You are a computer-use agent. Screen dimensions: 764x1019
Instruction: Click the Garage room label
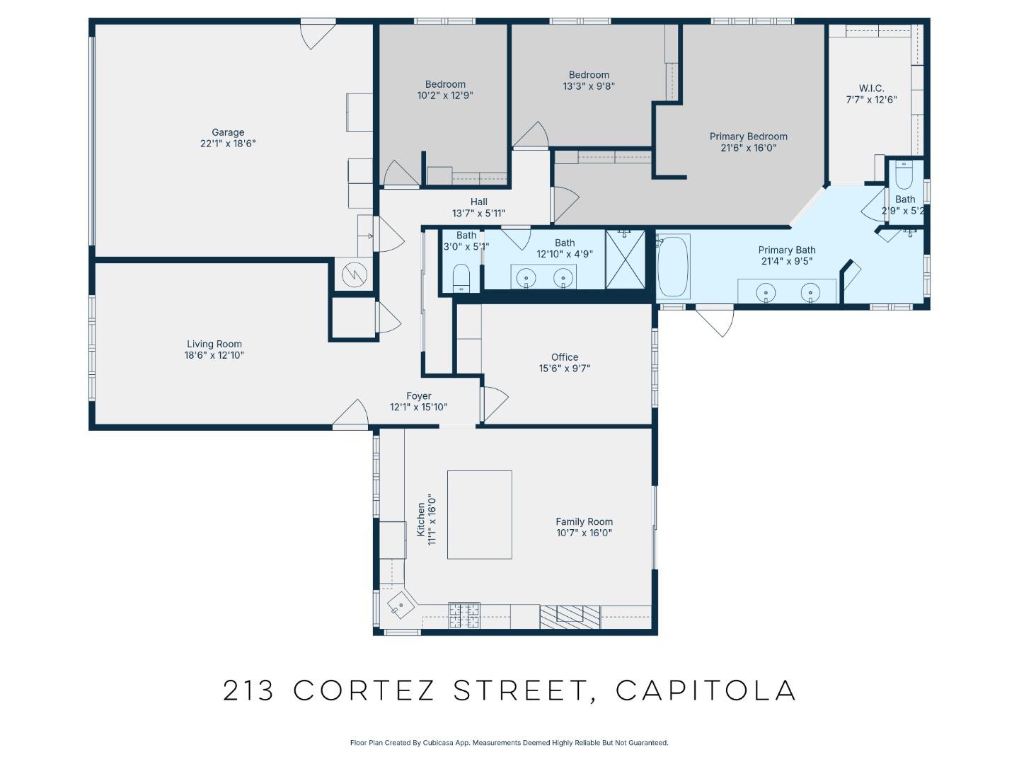(x=228, y=132)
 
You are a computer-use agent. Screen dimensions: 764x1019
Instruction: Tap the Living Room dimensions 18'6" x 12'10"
(x=214, y=356)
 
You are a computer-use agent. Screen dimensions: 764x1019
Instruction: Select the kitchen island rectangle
(x=479, y=514)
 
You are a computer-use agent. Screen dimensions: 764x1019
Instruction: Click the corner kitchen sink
(x=397, y=605)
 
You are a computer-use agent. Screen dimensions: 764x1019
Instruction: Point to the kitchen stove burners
(x=464, y=613)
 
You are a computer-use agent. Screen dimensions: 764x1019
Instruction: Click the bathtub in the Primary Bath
(x=673, y=267)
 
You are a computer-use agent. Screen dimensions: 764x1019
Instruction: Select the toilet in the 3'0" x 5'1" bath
(x=461, y=277)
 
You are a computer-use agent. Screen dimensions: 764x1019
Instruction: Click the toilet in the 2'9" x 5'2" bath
(x=904, y=174)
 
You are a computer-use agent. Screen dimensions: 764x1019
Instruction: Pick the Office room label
(x=565, y=357)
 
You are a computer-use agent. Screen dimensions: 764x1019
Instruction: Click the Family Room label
(x=584, y=521)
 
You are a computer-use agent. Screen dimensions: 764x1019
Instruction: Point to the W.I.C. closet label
(x=871, y=88)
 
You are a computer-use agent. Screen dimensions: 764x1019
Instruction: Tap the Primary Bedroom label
(x=748, y=137)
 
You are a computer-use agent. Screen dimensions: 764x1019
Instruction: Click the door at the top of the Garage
(x=317, y=33)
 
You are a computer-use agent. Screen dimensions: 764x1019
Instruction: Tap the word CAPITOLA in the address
(x=706, y=690)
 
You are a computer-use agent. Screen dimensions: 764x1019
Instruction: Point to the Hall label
(x=478, y=202)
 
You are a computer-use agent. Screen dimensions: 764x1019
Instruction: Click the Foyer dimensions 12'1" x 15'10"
(x=418, y=407)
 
